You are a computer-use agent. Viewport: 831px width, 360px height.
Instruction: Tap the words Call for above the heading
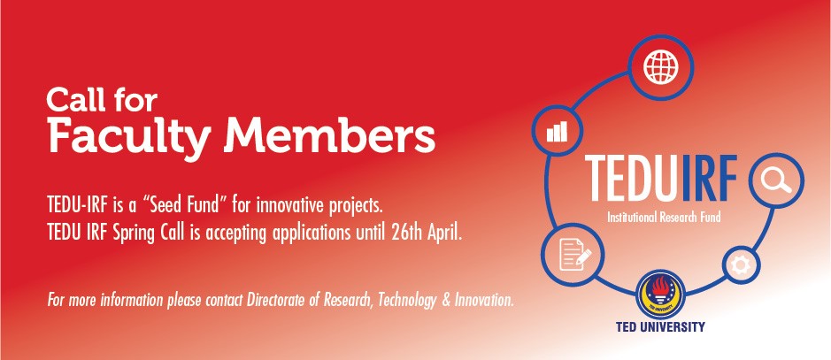(x=102, y=100)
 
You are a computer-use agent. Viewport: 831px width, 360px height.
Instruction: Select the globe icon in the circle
(x=661, y=67)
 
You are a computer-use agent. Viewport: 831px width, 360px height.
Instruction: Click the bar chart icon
(x=557, y=131)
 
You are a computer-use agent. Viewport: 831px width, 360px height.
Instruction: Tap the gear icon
(x=741, y=264)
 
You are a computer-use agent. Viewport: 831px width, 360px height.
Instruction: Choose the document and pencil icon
(x=573, y=255)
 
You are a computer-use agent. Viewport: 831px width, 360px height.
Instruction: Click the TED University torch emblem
(x=660, y=295)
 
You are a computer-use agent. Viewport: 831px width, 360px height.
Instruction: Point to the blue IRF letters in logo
(x=710, y=179)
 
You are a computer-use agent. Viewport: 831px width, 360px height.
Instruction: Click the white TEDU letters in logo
(x=632, y=179)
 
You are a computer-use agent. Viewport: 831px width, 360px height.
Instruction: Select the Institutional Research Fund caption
(x=664, y=217)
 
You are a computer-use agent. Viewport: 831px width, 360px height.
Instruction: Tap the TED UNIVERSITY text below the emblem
(x=660, y=326)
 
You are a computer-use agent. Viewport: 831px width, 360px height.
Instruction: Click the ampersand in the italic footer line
(x=446, y=301)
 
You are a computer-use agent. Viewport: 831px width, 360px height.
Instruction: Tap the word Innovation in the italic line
(x=484, y=301)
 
